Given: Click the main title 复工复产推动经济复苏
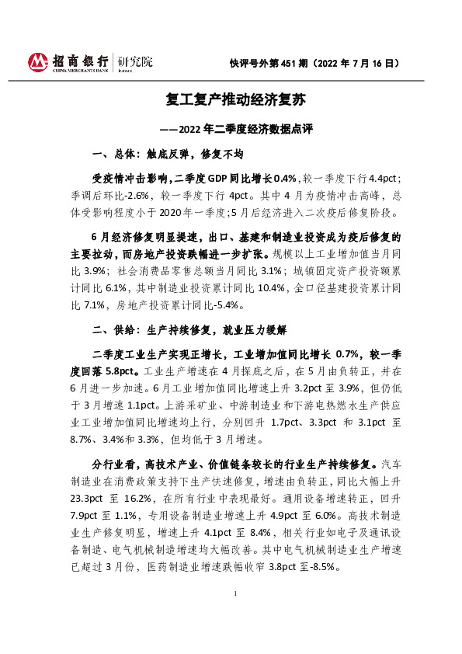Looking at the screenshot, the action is [x=230, y=100].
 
